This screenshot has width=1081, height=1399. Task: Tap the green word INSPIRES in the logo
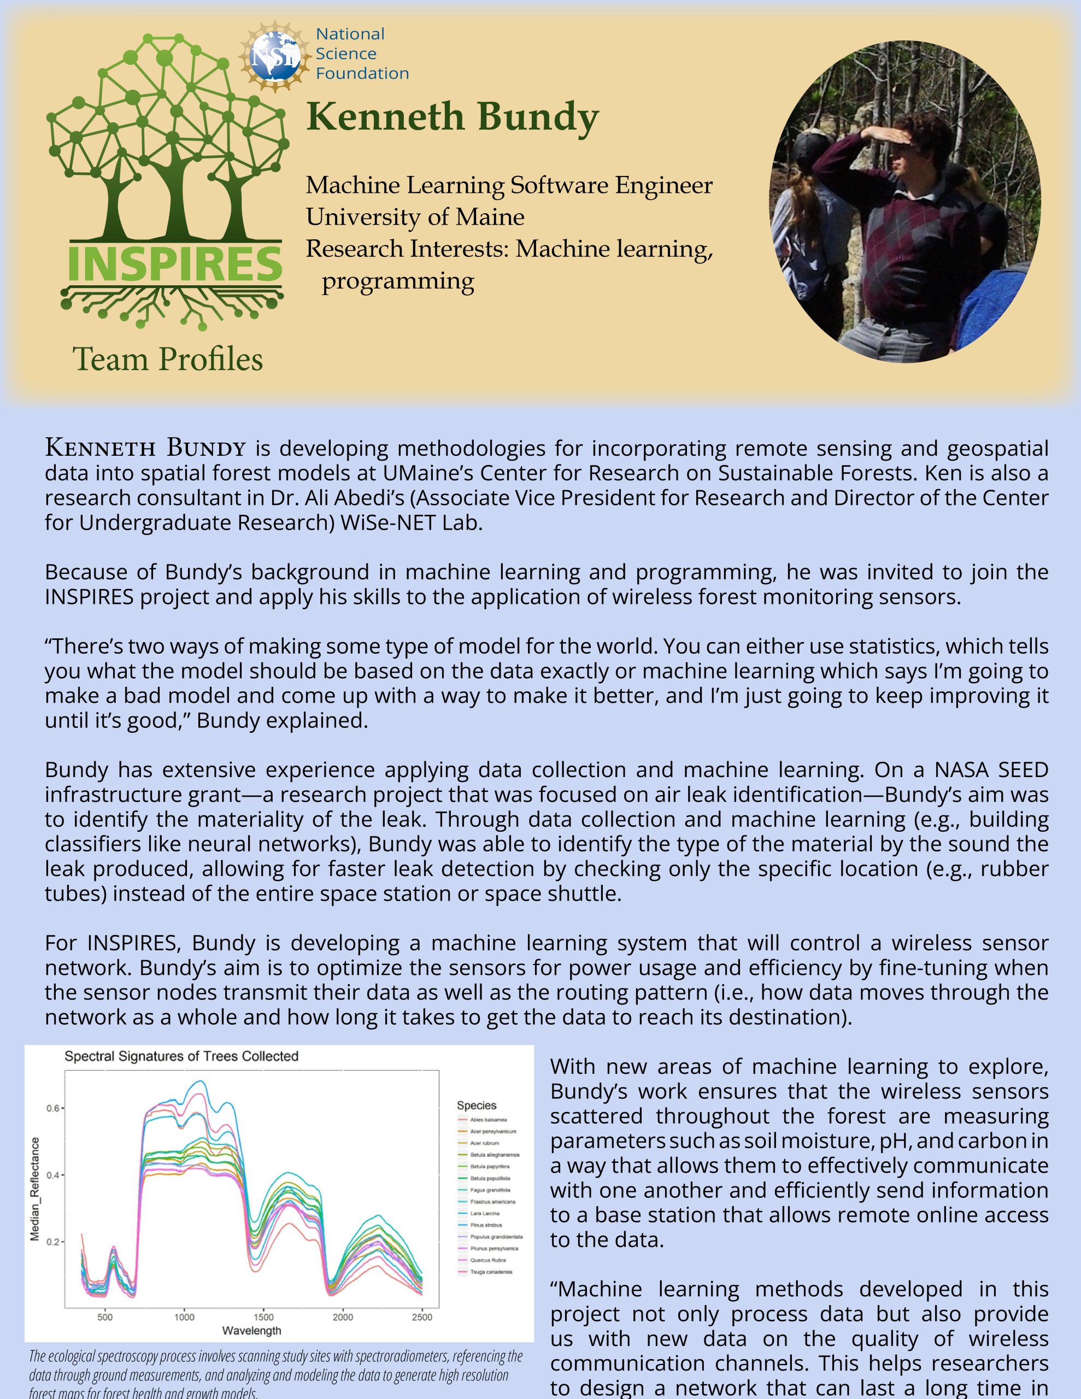pos(174,263)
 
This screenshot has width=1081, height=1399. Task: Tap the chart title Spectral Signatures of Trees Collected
pos(181,1056)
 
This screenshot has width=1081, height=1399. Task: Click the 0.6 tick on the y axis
pos(52,1108)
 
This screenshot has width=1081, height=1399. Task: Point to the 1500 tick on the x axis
pos(263,1317)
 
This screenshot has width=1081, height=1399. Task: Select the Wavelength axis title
pos(252,1331)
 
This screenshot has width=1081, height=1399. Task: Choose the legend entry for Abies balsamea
pos(488,1120)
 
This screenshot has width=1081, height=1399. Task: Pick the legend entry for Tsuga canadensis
pos(491,1272)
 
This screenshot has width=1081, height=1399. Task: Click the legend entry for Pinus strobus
pos(486,1225)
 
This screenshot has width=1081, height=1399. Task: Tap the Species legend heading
pos(476,1105)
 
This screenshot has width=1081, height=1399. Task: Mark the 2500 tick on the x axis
pos(422,1317)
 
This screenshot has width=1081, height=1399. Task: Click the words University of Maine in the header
pos(415,217)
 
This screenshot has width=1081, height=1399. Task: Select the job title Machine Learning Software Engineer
pos(509,186)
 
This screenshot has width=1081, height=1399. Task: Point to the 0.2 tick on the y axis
pos(52,1242)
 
